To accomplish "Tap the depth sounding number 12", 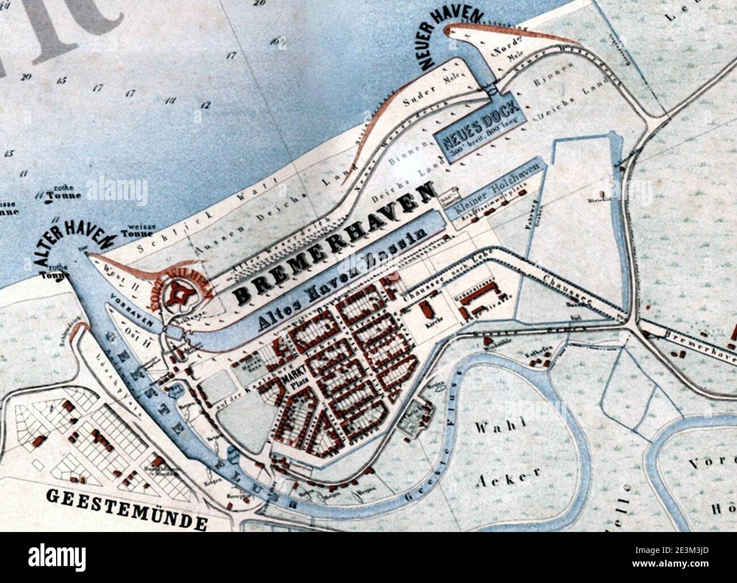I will tap(205, 105).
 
